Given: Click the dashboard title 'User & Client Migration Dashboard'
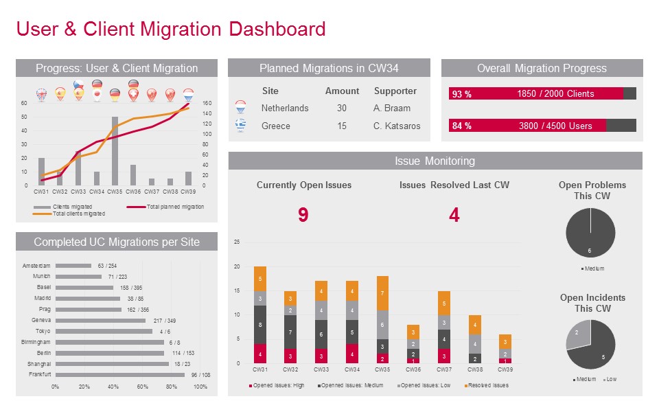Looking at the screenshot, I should [x=170, y=29].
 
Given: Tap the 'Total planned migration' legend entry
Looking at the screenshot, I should [x=174, y=207].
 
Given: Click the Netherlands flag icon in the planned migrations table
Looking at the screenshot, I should [x=240, y=107].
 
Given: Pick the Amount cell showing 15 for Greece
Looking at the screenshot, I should [x=342, y=126].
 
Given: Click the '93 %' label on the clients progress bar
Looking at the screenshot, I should [x=462, y=94].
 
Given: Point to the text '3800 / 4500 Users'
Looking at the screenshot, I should [x=556, y=126].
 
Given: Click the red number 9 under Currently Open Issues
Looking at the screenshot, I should [x=303, y=216].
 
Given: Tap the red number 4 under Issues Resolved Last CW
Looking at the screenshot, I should [x=454, y=216].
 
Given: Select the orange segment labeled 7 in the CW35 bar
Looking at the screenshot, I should [x=382, y=293].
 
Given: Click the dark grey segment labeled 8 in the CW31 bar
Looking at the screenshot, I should [x=260, y=325].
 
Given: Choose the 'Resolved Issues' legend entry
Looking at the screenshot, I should [x=489, y=386].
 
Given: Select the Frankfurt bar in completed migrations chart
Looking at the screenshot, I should [x=119, y=374].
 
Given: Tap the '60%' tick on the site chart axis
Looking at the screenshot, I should [x=143, y=387].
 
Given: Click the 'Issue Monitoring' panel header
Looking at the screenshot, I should [x=435, y=161].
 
